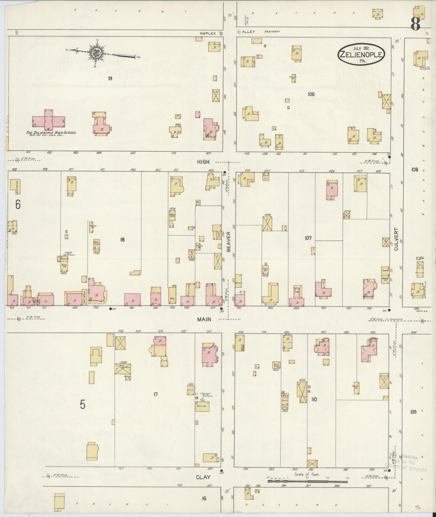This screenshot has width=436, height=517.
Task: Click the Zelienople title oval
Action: tap(361, 54)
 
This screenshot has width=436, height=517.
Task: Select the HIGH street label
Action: tap(203, 162)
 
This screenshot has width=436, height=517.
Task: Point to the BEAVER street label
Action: tap(228, 242)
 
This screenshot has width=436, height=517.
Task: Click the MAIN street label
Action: tap(204, 319)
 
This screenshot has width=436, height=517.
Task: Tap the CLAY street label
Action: tap(203, 477)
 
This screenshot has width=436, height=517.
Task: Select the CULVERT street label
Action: tap(396, 239)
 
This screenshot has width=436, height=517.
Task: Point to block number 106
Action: tap(311, 94)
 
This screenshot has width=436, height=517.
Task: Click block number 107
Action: tap(308, 238)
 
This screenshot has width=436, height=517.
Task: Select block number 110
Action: tap(314, 399)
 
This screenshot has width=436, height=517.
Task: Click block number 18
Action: tap(122, 240)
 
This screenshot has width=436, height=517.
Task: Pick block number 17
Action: tap(156, 394)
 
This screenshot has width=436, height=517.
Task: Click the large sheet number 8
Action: tap(415, 24)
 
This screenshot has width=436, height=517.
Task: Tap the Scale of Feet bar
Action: tap(308, 481)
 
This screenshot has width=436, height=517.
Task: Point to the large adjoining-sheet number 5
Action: tap(83, 405)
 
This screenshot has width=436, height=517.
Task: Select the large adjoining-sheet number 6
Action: tap(18, 205)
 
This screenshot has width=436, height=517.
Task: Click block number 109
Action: tap(413, 412)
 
